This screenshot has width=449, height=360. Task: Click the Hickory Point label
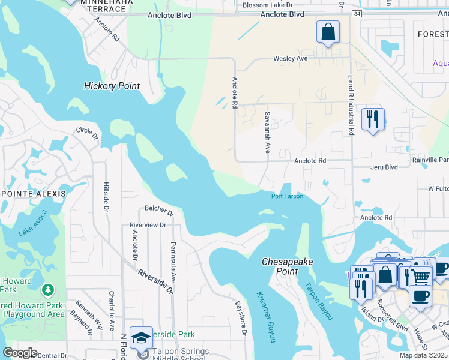[112, 86]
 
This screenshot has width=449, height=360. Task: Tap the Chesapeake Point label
[280, 266]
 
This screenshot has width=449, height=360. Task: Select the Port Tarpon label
[287, 196]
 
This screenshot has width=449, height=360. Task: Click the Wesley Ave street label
[290, 59]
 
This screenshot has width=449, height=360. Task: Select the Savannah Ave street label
[267, 131]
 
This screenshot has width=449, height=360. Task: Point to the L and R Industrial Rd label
[350, 104]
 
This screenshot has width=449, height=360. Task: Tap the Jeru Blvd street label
[384, 167]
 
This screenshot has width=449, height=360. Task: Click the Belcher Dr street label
[159, 211]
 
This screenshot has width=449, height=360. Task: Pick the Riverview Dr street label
[147, 224]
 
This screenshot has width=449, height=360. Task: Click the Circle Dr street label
[87, 131]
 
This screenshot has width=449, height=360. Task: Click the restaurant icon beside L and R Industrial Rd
[373, 119]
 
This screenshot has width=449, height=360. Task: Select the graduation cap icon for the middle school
[141, 338]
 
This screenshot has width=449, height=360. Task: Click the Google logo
[20, 353]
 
